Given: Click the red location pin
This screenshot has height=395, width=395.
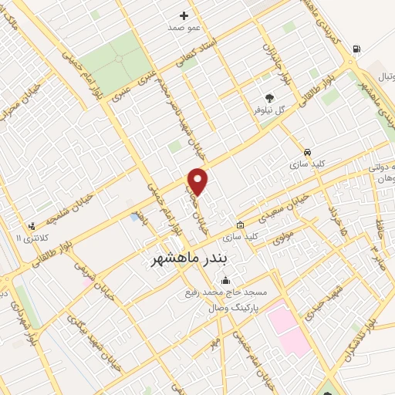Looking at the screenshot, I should (198, 181).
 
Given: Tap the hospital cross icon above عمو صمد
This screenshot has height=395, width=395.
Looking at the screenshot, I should (184, 15).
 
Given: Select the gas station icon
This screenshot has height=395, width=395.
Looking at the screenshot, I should (356, 50).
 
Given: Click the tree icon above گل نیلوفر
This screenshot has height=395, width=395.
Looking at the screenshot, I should (269, 97).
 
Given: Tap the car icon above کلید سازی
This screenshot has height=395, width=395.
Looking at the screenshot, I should (308, 153).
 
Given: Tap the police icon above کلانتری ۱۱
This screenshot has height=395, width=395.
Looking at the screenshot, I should (31, 225).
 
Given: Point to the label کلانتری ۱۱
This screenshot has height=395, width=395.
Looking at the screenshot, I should (30, 238).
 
